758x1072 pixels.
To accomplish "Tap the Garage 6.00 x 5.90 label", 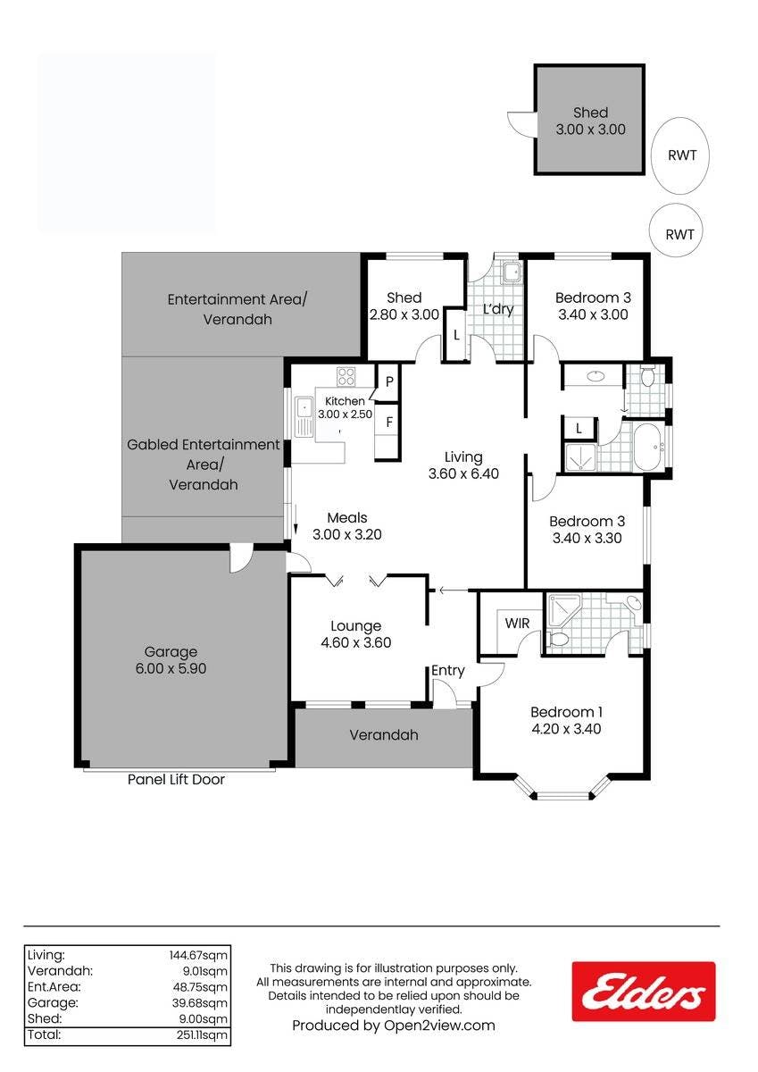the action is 171,660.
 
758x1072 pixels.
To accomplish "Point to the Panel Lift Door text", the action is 176,780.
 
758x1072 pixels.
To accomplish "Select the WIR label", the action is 517,624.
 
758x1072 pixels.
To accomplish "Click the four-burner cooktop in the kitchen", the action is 346,376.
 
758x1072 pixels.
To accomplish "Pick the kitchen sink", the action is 304,416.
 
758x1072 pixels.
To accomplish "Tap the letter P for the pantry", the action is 389,381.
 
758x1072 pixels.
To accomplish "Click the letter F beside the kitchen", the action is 388,422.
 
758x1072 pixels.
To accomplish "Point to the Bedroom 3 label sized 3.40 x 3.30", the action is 587,529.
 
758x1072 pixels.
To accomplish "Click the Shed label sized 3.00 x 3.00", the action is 591,121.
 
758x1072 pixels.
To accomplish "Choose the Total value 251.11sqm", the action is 202,1034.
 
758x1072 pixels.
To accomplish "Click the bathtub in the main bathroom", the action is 648,447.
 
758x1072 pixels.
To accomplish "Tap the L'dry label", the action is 498,309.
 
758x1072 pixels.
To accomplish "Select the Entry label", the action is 447,671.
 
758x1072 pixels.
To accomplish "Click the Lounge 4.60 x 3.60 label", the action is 356,633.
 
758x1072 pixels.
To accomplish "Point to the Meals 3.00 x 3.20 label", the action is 347,526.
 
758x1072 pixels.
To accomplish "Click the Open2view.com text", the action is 439,1026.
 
